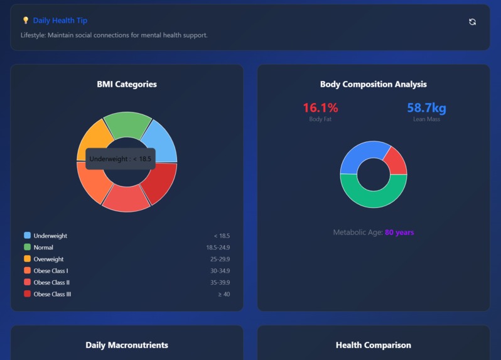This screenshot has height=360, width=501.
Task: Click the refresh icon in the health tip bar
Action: click(x=472, y=22)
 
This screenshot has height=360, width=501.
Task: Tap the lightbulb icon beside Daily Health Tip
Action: click(x=26, y=21)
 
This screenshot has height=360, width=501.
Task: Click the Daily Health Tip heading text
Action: click(x=60, y=21)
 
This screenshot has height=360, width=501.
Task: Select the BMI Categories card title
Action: click(x=127, y=84)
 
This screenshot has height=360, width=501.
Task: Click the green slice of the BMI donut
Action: click(x=127, y=123)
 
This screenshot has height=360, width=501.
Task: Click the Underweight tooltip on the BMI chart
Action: click(x=120, y=159)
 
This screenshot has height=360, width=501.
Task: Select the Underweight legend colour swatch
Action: click(x=27, y=236)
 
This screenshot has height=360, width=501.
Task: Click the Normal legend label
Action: click(x=43, y=248)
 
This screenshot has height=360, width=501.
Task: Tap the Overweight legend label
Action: click(x=48, y=259)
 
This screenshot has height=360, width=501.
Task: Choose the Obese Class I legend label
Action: click(x=51, y=271)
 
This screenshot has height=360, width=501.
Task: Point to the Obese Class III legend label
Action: click(x=52, y=294)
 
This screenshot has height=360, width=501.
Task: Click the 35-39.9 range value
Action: click(x=220, y=283)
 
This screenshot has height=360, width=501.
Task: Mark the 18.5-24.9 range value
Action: click(x=218, y=248)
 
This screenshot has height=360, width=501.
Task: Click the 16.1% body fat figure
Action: click(x=320, y=108)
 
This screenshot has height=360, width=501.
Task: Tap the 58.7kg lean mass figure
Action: click(x=426, y=108)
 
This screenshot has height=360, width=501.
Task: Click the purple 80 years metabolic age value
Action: click(x=399, y=232)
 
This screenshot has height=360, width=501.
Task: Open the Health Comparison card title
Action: click(x=373, y=345)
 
